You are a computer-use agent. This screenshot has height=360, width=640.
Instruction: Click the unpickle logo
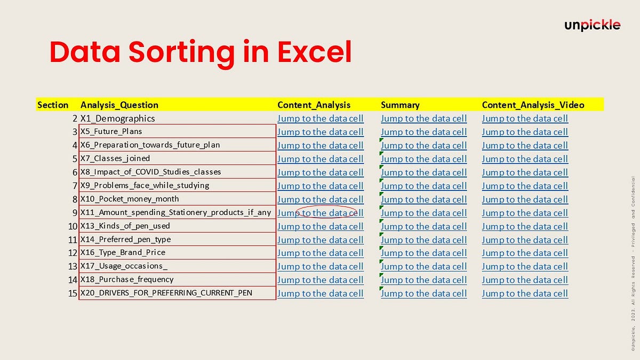(x=593, y=25)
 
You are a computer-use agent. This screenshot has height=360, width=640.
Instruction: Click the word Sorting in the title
(x=181, y=53)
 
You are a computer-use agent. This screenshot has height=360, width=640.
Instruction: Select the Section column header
(x=53, y=105)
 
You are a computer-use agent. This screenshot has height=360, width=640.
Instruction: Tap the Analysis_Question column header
(x=119, y=105)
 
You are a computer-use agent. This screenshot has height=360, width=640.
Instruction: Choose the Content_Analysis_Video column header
(x=533, y=105)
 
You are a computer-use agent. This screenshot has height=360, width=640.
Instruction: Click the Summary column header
(x=400, y=105)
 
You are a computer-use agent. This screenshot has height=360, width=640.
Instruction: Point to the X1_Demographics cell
(x=118, y=118)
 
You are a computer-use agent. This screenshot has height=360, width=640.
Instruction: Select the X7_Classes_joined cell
(x=115, y=158)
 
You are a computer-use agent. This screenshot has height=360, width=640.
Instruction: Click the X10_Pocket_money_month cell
(x=130, y=199)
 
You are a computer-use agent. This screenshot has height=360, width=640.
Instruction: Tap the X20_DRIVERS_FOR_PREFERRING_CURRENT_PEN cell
(x=166, y=293)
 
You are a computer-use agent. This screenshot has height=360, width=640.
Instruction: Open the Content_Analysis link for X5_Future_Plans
(x=321, y=132)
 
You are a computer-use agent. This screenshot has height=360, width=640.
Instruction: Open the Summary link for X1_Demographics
(x=423, y=118)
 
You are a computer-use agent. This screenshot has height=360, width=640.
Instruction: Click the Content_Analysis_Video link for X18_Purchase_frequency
(x=525, y=280)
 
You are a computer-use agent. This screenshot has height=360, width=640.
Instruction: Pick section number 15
(x=73, y=293)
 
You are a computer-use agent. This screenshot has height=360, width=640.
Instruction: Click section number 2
(x=75, y=118)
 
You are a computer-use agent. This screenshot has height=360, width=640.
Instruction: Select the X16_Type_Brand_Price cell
(x=123, y=253)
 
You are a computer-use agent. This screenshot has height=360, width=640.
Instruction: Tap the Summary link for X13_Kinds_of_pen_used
(x=423, y=227)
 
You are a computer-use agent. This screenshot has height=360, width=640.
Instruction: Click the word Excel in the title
(x=315, y=53)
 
